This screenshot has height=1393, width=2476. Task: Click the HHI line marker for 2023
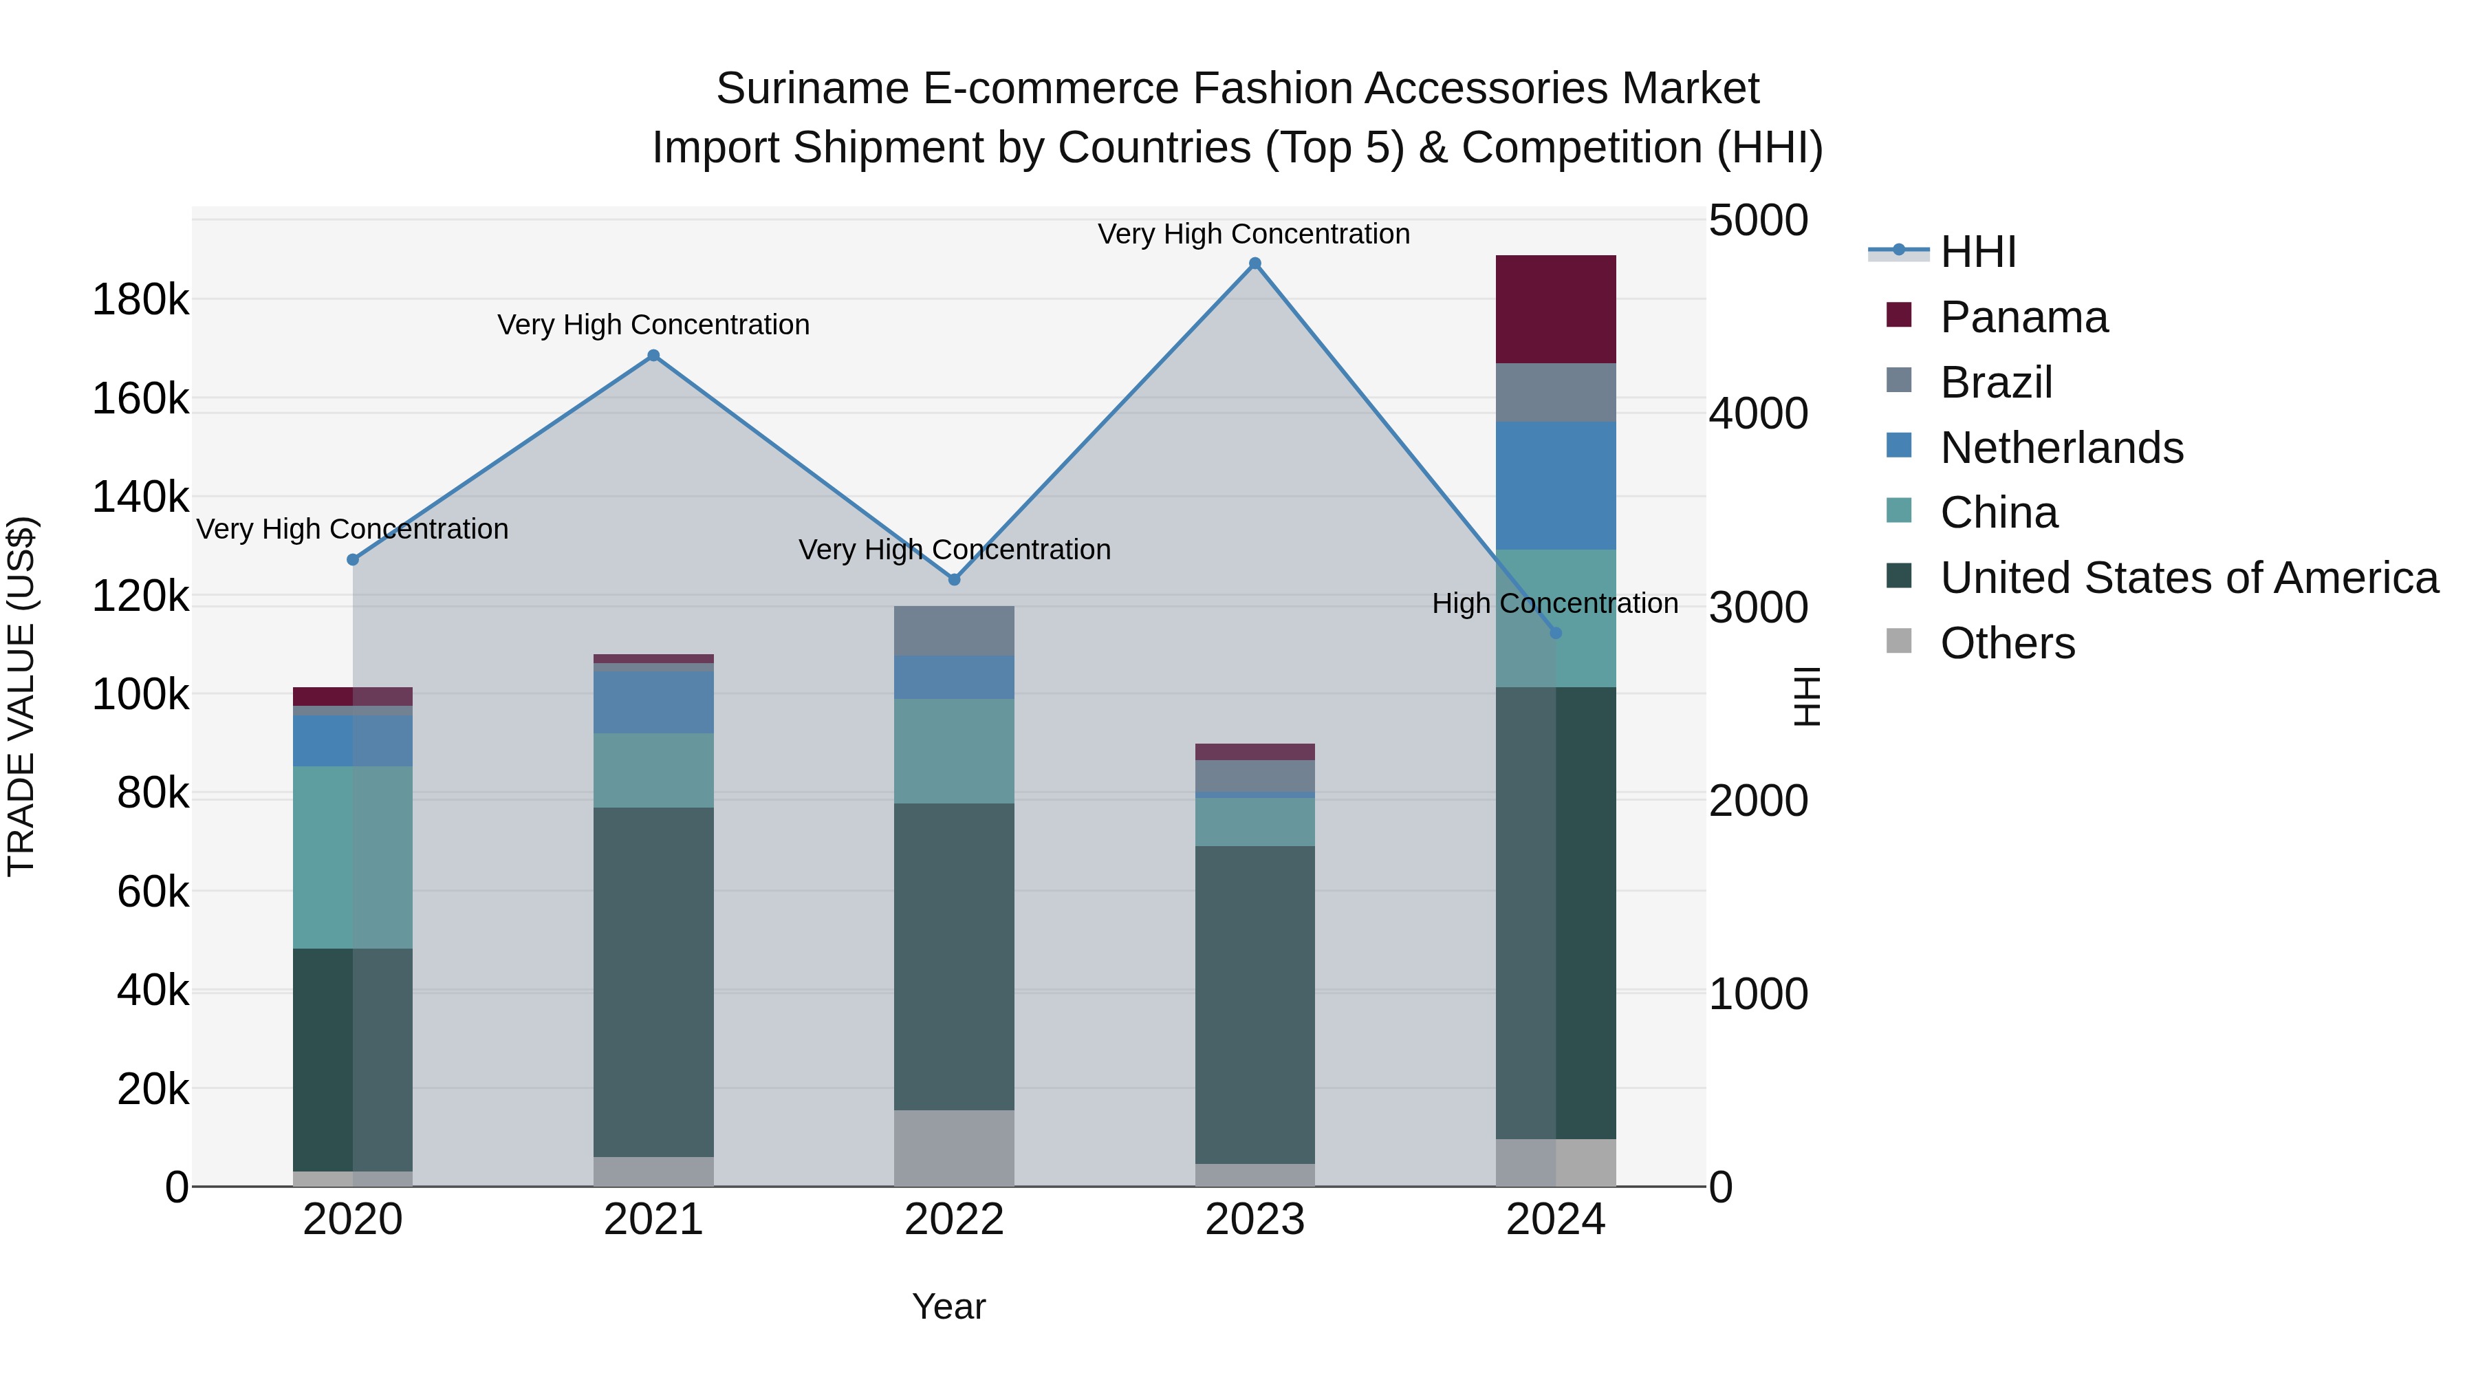(1255, 263)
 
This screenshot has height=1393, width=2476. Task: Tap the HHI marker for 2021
(653, 356)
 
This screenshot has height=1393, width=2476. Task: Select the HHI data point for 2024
(1556, 633)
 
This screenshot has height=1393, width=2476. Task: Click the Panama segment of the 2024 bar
(1556, 310)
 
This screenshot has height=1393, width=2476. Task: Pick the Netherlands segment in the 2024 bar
(1556, 486)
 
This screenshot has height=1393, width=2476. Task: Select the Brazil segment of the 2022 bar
(953, 631)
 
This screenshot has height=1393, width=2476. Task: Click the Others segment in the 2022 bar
(953, 1148)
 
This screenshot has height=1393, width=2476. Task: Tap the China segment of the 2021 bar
(653, 770)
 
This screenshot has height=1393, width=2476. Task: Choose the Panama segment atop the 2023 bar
(1255, 752)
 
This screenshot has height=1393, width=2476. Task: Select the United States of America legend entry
(2189, 578)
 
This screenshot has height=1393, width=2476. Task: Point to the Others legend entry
(2007, 643)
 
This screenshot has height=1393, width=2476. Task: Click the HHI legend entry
(1977, 252)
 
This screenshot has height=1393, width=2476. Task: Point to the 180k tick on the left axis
(140, 300)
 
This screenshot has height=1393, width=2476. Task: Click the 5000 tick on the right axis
(1758, 220)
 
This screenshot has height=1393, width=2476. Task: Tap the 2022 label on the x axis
(953, 1220)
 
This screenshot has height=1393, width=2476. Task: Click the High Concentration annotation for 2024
(1554, 604)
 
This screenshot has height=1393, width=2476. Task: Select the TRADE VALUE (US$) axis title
(21, 696)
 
